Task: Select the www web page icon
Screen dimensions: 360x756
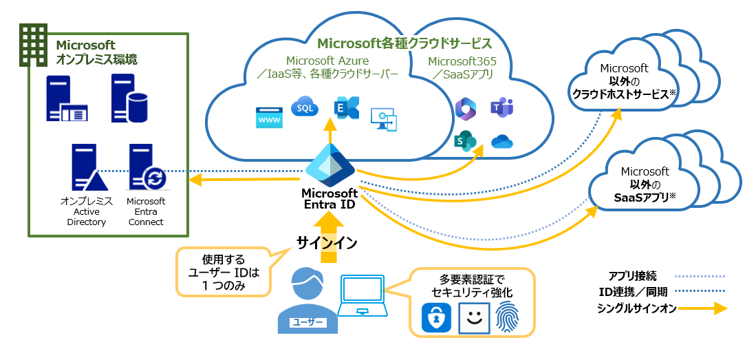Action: point(269,118)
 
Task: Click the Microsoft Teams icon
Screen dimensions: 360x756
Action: point(501,108)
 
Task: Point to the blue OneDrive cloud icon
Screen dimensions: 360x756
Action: point(503,142)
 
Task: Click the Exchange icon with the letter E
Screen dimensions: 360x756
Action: point(345,109)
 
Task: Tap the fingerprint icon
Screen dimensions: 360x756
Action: point(507,317)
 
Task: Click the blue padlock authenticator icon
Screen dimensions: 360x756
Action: point(436,317)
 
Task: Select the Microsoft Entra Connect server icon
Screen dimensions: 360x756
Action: point(147,169)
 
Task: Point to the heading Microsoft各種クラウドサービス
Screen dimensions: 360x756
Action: point(404,43)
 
